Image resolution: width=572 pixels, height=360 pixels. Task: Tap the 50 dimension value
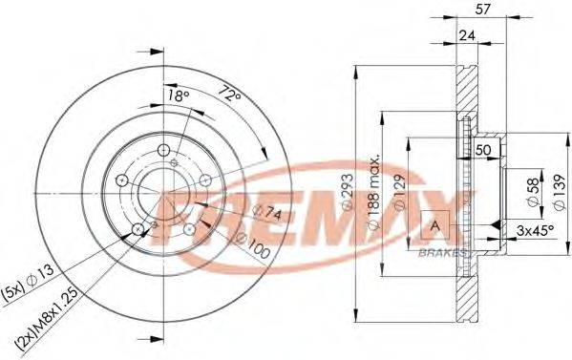click(483, 150)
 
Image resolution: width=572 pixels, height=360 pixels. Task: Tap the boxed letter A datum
click(435, 225)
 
